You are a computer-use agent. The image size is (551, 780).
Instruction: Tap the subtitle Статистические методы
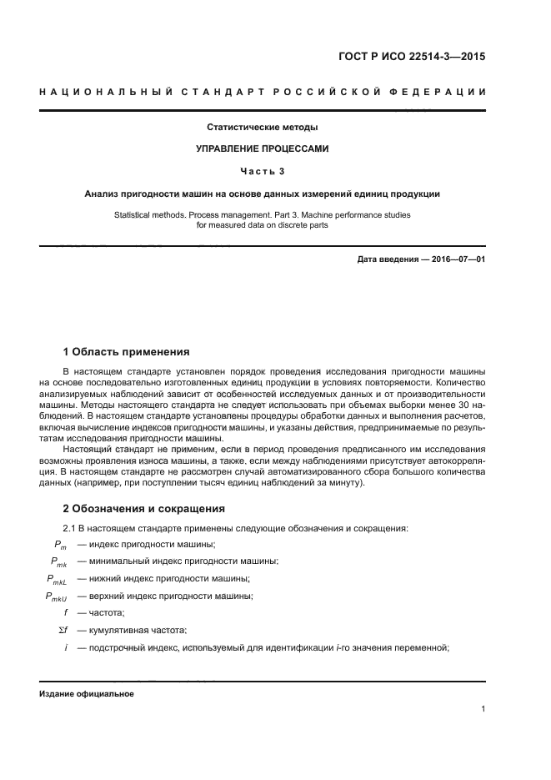pyautogui.click(x=263, y=128)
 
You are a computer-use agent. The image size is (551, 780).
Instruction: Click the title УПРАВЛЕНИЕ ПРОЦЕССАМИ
pyautogui.click(x=263, y=149)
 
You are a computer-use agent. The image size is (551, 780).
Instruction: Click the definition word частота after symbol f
pyautogui.click(x=106, y=612)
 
